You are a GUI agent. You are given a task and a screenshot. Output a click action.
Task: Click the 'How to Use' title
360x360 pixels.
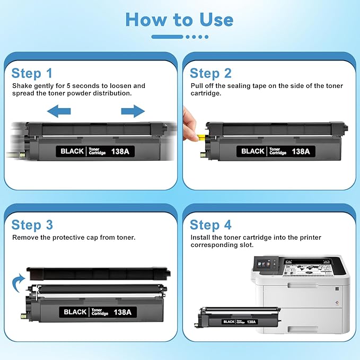tap(180, 20)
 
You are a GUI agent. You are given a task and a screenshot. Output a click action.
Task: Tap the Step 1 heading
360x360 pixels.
tap(32, 73)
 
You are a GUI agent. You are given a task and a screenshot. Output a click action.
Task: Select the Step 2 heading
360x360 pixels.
tap(210, 73)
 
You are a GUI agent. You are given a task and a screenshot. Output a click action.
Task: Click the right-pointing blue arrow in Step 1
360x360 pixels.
tap(133, 111)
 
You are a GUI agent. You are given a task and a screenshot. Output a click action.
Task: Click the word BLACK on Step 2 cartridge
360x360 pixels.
tap(252, 152)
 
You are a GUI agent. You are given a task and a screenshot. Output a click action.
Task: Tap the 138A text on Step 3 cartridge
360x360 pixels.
tap(122, 312)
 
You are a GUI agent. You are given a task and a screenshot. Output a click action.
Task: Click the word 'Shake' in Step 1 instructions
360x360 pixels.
tap(22, 86)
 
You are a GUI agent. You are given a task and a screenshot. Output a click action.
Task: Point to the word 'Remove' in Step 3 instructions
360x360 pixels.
tap(25, 238)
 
